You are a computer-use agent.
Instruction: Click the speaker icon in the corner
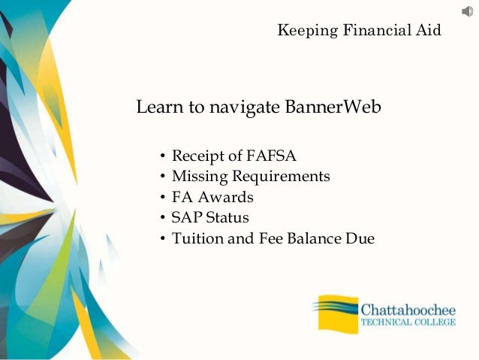[x=467, y=11]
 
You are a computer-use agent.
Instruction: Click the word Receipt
[x=199, y=156]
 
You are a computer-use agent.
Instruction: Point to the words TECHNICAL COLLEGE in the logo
[x=408, y=323]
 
